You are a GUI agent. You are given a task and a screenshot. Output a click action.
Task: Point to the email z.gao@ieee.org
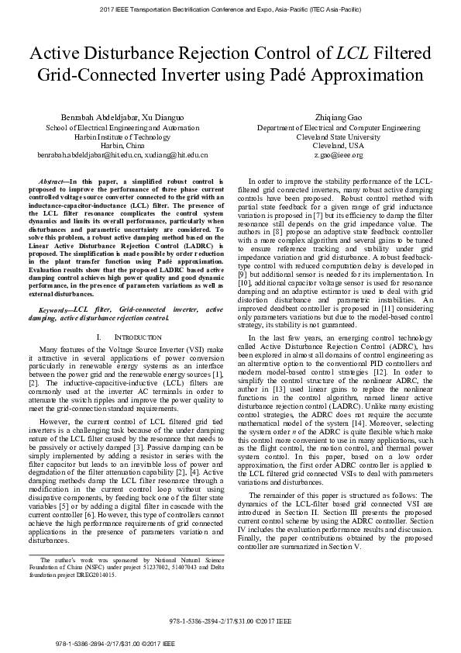(x=328, y=155)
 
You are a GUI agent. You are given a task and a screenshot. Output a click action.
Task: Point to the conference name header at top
(x=230, y=9)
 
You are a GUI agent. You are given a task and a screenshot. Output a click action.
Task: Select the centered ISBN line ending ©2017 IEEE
(x=230, y=623)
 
